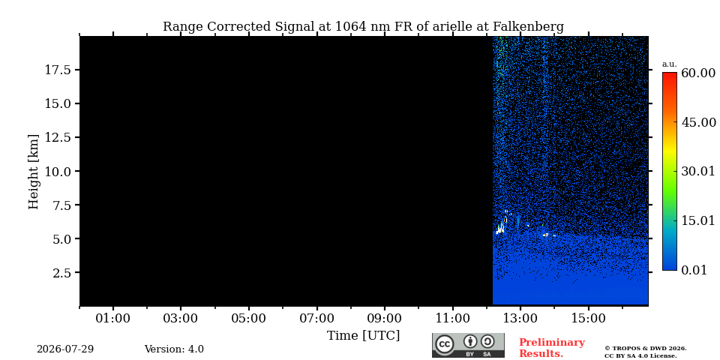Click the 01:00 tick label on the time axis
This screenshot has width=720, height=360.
(113, 319)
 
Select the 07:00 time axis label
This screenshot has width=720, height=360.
(316, 319)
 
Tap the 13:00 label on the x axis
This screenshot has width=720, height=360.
(520, 319)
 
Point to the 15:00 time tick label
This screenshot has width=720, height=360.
(589, 319)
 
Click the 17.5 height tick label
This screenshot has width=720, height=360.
(58, 70)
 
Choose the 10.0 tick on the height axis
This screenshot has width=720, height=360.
(58, 171)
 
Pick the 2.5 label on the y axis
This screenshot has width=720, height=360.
(61, 273)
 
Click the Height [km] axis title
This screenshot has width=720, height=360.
(34, 171)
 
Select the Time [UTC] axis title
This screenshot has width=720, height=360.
(363, 336)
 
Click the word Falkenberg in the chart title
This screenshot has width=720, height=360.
(528, 27)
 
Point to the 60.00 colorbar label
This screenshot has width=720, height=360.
(698, 73)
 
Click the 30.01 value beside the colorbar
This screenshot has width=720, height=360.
(698, 171)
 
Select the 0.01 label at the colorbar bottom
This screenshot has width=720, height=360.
(694, 270)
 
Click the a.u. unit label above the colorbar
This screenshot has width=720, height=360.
(670, 64)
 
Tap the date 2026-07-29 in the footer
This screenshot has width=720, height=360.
(65, 349)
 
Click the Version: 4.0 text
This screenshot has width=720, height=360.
(174, 349)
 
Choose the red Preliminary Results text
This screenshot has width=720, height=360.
(552, 348)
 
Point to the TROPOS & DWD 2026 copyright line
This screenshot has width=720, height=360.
(645, 349)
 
